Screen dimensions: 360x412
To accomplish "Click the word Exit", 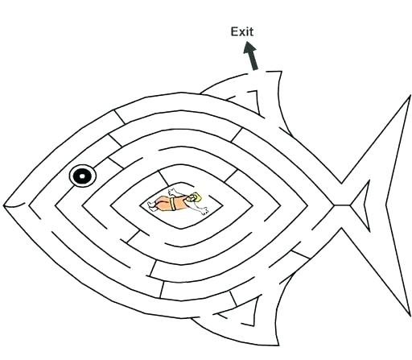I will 242,31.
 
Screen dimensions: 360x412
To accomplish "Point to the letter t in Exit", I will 251,31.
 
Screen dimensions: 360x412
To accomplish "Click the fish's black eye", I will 81,176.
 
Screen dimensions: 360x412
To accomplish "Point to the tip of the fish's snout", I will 5,206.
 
